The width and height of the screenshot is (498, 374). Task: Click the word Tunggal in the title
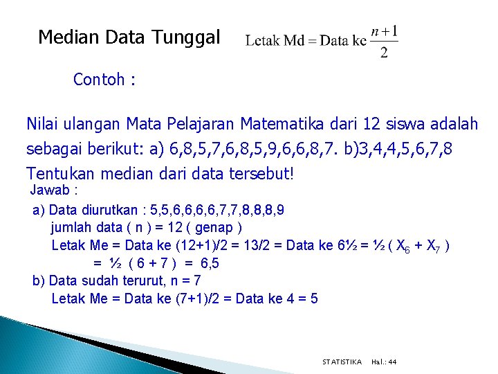[x=186, y=37]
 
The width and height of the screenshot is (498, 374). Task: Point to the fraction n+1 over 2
[x=384, y=42]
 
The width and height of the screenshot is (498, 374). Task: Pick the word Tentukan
[x=59, y=173]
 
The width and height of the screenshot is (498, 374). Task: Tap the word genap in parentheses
[x=214, y=227]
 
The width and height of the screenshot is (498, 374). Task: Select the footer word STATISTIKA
[x=342, y=362]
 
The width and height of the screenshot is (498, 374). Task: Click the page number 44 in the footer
[x=392, y=362]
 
